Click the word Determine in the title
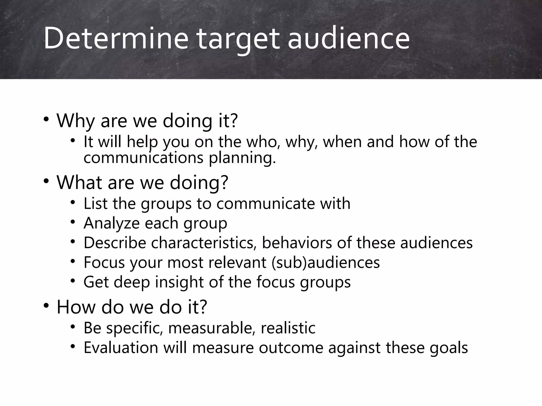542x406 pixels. click(x=116, y=38)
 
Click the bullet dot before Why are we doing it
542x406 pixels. click(x=46, y=119)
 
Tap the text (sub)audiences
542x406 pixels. click(x=326, y=262)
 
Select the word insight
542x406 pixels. click(x=179, y=282)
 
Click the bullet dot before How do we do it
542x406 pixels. click(x=46, y=306)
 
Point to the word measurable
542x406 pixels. click(x=212, y=328)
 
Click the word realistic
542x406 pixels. click(x=288, y=328)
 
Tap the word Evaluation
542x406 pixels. click(x=121, y=347)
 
